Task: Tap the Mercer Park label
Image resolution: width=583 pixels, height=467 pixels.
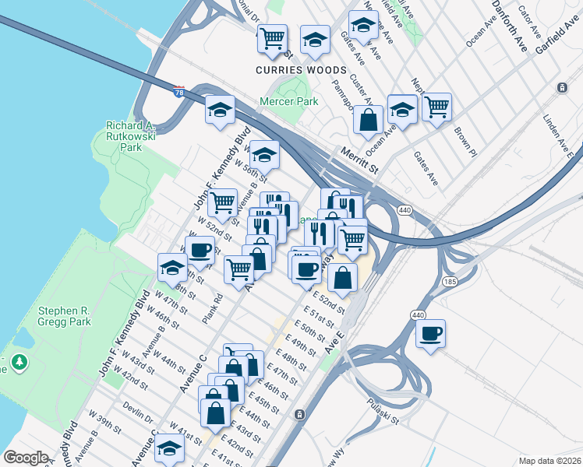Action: point(289,102)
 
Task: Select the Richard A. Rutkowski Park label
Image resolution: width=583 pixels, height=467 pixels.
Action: point(132,135)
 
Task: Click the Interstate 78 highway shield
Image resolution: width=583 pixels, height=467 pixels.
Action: point(180,92)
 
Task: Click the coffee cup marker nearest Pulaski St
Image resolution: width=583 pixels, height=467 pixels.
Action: point(430,334)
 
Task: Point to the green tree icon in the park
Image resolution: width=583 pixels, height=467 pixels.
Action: point(19,361)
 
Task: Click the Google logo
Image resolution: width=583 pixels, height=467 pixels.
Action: point(26,458)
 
